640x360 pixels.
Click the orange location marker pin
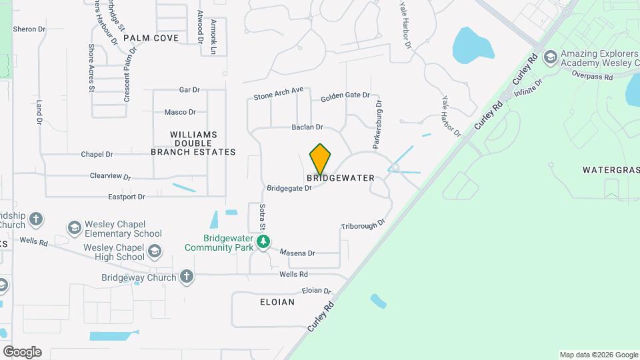(x=321, y=159)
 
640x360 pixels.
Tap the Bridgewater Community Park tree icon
(x=264, y=241)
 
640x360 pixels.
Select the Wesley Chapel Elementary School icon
(x=74, y=229)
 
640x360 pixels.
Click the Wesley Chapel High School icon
(x=155, y=252)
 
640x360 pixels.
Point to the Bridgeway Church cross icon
(x=186, y=277)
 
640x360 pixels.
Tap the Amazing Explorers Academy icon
(x=551, y=57)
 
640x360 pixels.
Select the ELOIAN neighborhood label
(x=277, y=302)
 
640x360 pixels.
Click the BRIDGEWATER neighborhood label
(x=341, y=179)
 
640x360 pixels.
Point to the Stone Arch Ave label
(x=278, y=93)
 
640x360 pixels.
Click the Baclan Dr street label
(x=307, y=127)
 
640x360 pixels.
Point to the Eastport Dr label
(x=127, y=197)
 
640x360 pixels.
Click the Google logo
(x=22, y=351)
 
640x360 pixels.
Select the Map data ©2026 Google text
(x=598, y=355)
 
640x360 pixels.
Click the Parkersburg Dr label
(x=377, y=123)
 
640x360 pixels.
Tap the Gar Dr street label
(x=189, y=90)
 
